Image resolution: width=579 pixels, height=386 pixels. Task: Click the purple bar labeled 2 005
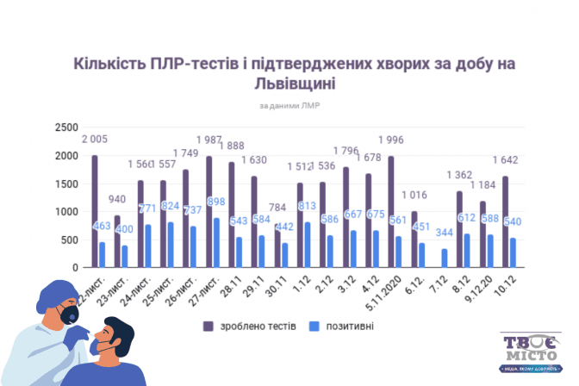(94, 211)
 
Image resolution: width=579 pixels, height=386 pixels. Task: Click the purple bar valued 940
(117, 241)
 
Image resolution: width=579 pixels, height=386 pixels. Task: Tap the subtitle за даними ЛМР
(289, 106)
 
